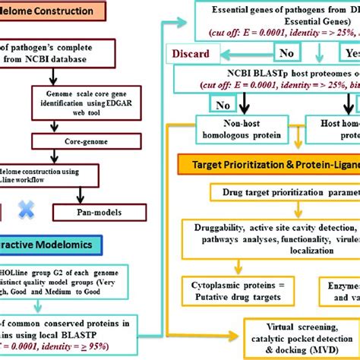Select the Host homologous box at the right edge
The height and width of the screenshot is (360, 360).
335,128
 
